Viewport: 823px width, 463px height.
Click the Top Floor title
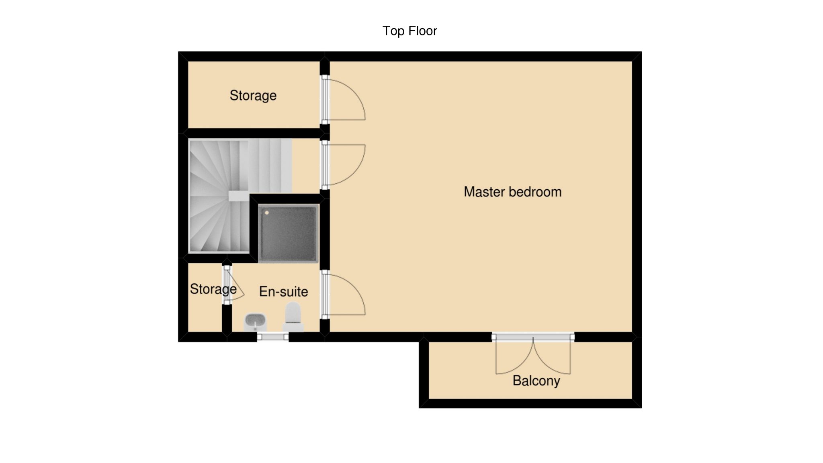(409, 31)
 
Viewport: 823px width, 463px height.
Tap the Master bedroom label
(512, 192)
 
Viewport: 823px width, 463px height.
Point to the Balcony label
(536, 381)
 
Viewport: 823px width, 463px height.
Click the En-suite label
(283, 291)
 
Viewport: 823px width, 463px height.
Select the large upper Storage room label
(253, 95)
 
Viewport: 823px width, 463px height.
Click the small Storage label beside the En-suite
(213, 289)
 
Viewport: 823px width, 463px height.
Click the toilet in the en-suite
(293, 317)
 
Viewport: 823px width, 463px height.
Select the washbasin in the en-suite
(255, 322)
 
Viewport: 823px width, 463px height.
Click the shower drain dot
(266, 212)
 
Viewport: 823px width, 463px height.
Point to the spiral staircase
(240, 196)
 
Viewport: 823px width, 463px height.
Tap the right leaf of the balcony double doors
(552, 356)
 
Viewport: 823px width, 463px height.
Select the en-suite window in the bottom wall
(273, 337)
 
